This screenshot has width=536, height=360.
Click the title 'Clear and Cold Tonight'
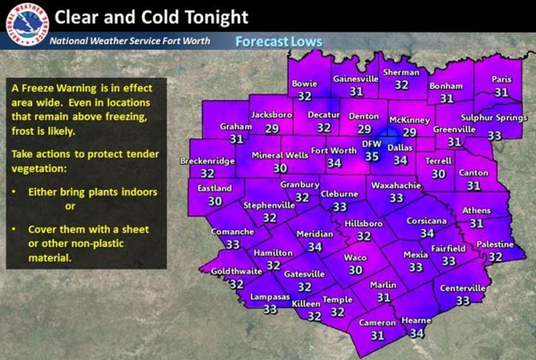(151, 15)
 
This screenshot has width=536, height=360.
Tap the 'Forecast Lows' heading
(278, 42)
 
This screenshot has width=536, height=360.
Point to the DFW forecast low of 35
(372, 158)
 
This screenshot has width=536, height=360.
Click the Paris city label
(501, 80)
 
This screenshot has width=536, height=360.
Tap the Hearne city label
(417, 321)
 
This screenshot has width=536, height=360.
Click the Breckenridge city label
(207, 160)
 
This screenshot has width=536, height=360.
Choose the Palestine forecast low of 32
(495, 257)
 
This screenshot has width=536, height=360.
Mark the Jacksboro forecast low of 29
(272, 129)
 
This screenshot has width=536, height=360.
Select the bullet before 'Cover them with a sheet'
(15, 229)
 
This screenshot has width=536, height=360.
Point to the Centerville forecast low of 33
(463, 301)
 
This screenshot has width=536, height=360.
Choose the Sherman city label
(401, 72)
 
